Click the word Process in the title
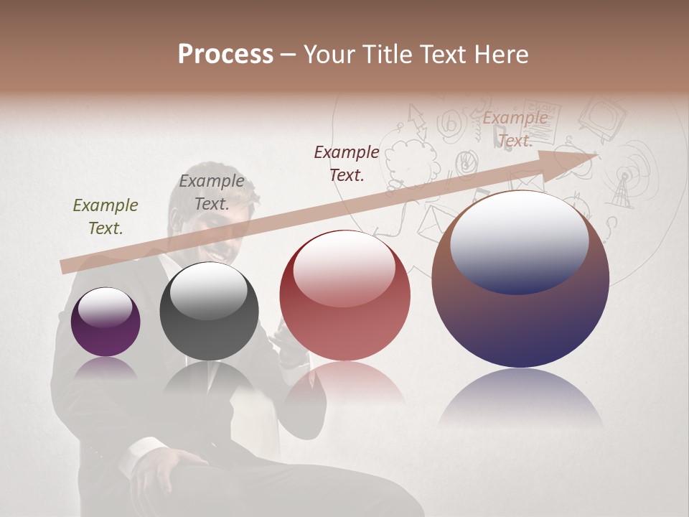click(x=225, y=55)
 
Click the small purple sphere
click(x=106, y=322)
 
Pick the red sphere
click(x=345, y=295)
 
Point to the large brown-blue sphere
click(x=520, y=280)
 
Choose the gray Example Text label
click(x=211, y=192)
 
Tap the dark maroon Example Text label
click(x=347, y=163)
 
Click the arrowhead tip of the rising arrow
click(x=596, y=154)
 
